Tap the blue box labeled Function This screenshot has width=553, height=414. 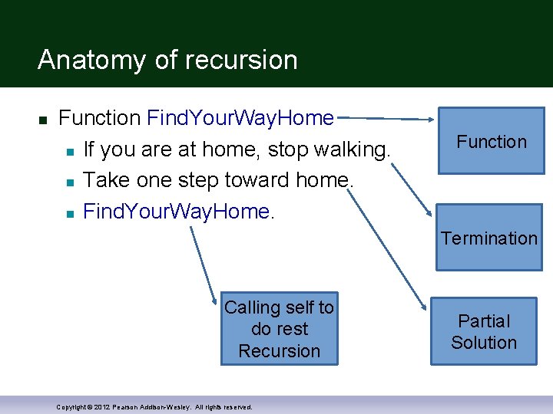491,143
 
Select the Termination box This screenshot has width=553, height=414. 489,238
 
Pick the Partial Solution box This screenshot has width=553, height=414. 484,331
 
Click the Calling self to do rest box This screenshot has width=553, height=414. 279,328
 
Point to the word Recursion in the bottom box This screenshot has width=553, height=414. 279,351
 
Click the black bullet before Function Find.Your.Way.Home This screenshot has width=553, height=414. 43,120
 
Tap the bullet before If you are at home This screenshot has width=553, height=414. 69,150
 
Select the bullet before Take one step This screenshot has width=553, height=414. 69,182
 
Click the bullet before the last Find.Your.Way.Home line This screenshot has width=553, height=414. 69,213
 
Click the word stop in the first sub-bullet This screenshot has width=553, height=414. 288,149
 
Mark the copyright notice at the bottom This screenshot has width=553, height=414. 154,406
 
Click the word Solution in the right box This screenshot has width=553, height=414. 484,343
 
